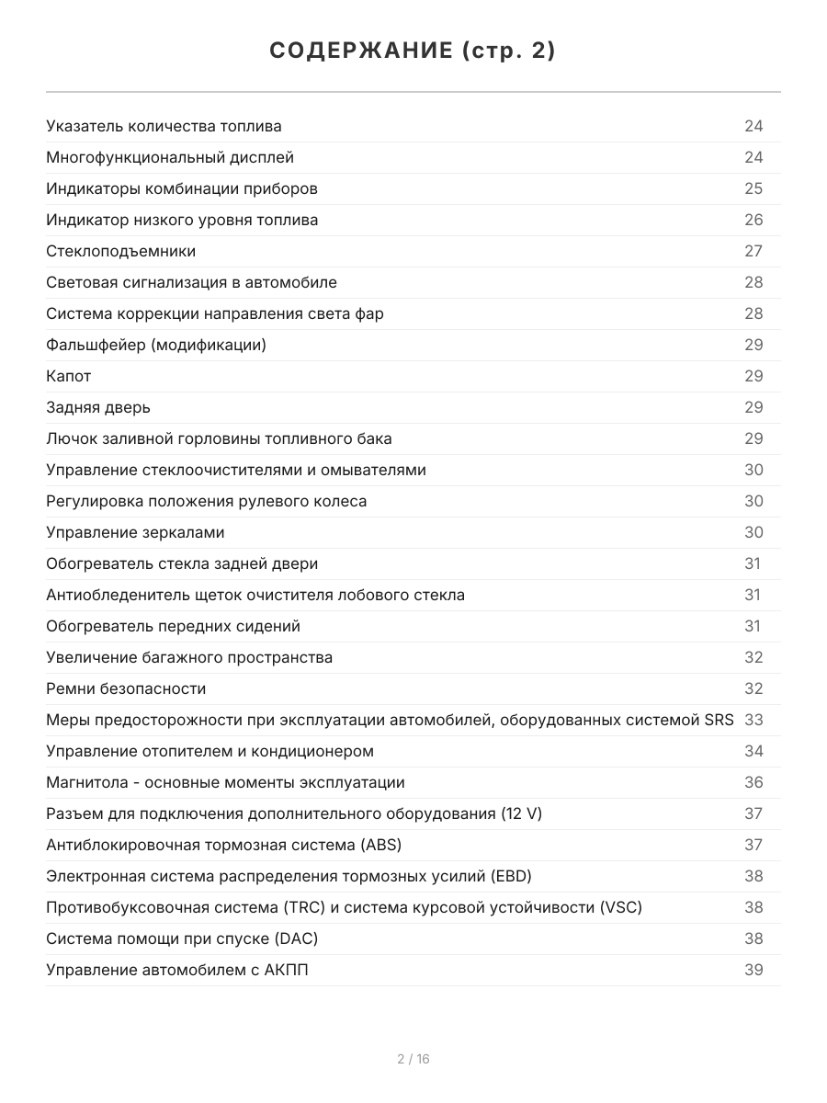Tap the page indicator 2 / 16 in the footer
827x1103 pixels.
pyautogui.click(x=413, y=1059)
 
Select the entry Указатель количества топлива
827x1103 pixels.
pyautogui.click(x=164, y=126)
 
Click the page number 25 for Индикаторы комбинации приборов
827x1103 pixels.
pyautogui.click(x=753, y=188)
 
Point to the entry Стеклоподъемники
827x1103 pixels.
pyautogui.click(x=120, y=251)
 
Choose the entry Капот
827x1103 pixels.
pyautogui.click(x=69, y=376)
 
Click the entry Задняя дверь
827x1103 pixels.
pyautogui.click(x=98, y=407)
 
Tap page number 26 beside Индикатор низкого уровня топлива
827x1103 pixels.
pyautogui.click(x=753, y=220)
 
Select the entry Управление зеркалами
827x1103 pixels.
pyautogui.click(x=135, y=532)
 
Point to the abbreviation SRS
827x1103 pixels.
pyautogui.click(x=719, y=720)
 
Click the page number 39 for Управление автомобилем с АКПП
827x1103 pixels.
pyautogui.click(x=753, y=970)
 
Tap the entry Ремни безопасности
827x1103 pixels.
pyautogui.click(x=126, y=688)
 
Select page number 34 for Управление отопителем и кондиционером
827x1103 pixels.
pyautogui.click(x=753, y=751)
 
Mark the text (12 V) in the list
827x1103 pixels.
pyautogui.click(x=521, y=813)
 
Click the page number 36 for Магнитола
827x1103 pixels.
pyautogui.click(x=753, y=782)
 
